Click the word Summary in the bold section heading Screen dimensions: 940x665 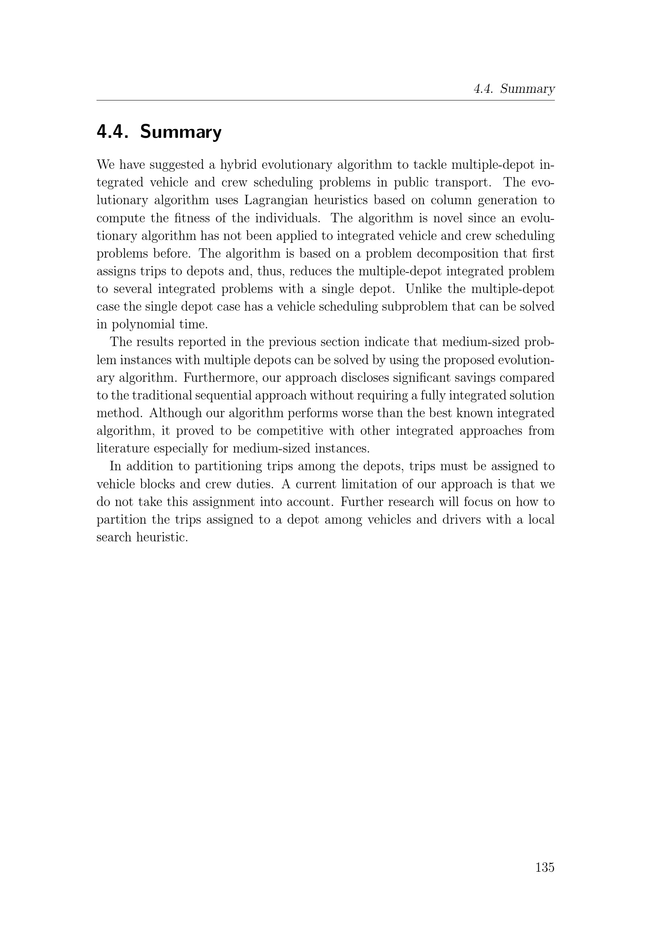pos(181,132)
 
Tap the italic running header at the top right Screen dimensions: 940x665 pos(514,89)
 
